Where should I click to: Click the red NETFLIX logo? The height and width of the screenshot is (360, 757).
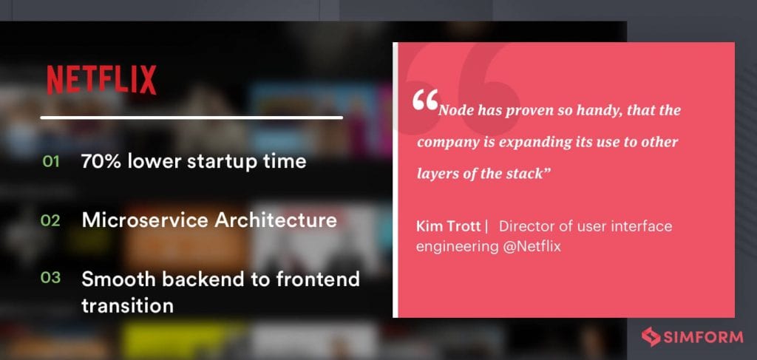(101, 80)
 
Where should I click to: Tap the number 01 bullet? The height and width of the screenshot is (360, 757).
(50, 161)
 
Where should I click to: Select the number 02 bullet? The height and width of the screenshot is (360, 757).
(50, 220)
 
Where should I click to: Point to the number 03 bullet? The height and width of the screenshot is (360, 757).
(50, 279)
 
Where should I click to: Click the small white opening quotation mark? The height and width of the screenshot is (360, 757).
(426, 101)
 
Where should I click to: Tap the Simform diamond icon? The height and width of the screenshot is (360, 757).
(651, 337)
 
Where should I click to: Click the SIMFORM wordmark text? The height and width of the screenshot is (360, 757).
(704, 337)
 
